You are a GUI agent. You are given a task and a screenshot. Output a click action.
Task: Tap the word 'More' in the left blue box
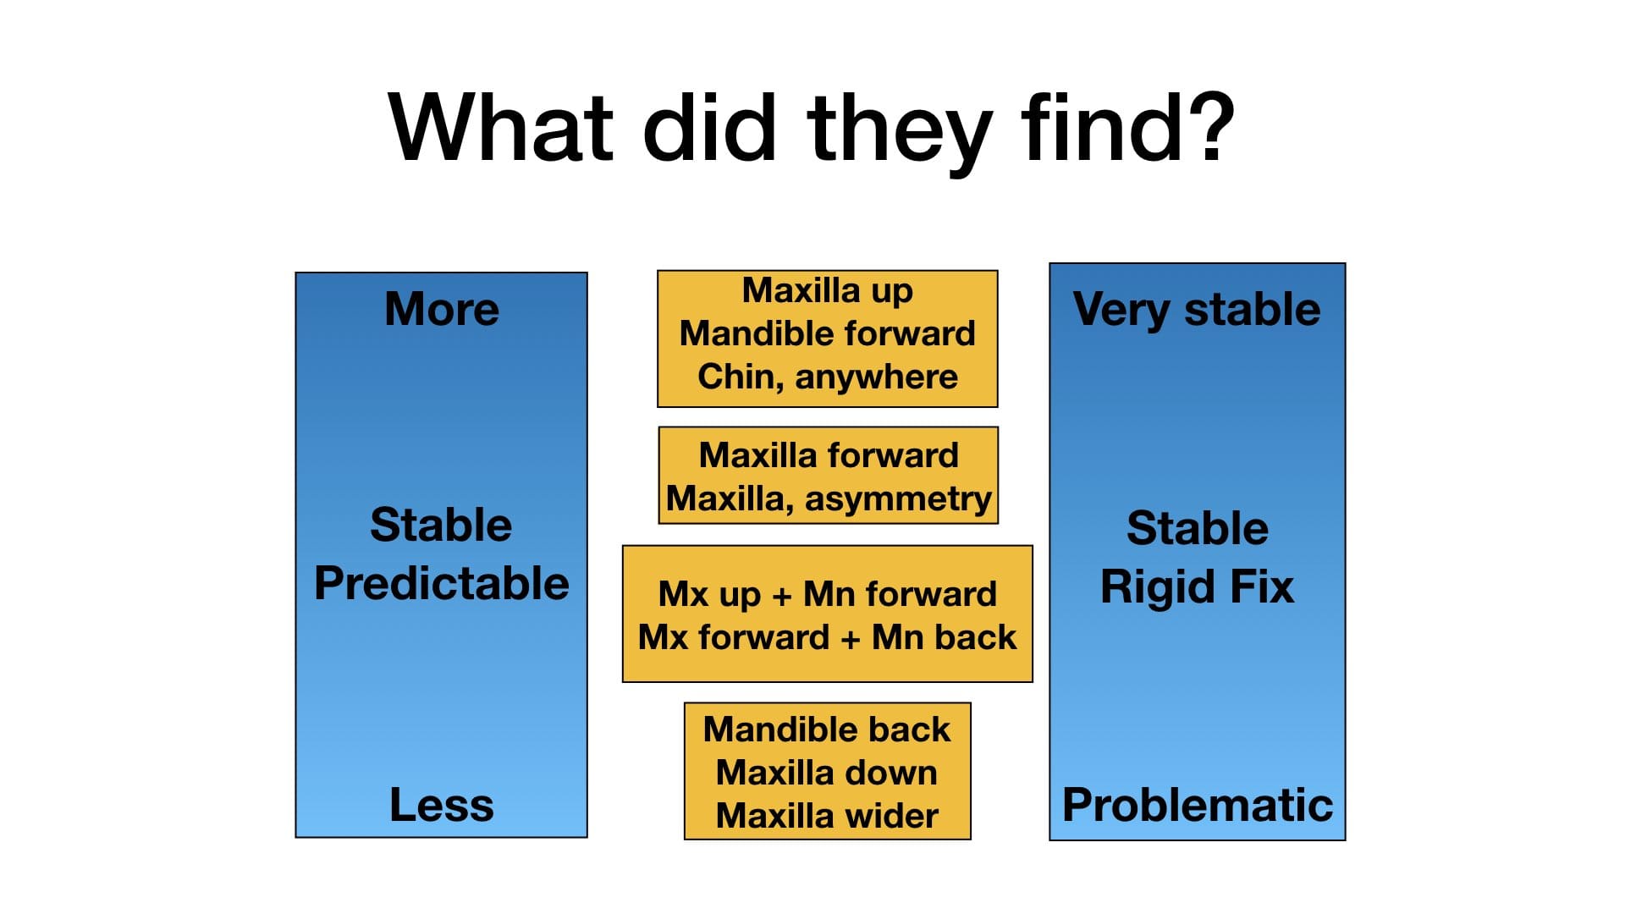click(x=442, y=309)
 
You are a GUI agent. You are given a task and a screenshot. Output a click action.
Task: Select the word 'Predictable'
click(x=442, y=584)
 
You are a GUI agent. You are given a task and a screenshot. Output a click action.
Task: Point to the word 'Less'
click(x=442, y=804)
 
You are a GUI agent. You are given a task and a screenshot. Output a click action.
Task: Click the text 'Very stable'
click(x=1197, y=310)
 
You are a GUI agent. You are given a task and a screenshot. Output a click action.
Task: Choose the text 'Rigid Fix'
click(x=1198, y=587)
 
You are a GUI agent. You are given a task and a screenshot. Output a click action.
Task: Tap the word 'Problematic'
click(x=1198, y=804)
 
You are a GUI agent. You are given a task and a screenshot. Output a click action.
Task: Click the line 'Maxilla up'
click(x=828, y=291)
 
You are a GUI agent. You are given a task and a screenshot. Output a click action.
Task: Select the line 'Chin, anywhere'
click(x=828, y=377)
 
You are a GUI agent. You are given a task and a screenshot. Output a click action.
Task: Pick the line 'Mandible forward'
click(x=828, y=333)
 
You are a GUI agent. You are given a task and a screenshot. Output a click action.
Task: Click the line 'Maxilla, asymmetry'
click(x=829, y=498)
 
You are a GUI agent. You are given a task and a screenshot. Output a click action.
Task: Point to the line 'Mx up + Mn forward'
click(x=828, y=594)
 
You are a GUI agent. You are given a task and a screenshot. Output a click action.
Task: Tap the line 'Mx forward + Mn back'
click(x=828, y=637)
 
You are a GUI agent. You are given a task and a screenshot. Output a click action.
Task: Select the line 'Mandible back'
click(x=828, y=730)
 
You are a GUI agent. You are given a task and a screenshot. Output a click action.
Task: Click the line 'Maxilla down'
click(x=828, y=773)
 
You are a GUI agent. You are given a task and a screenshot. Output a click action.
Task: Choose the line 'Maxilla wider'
click(x=828, y=816)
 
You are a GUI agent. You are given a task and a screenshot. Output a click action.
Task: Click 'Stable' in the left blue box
click(x=442, y=525)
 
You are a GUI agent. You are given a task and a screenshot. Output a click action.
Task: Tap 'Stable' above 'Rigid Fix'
click(x=1198, y=529)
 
